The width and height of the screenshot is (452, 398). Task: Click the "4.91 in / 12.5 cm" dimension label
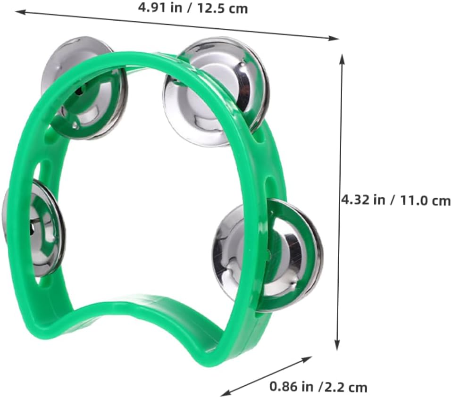point(193,8)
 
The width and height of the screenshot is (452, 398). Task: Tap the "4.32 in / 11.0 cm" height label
point(396,200)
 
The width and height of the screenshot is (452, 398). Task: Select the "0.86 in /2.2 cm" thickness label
point(318,387)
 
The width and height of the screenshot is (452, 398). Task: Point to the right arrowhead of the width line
point(335,38)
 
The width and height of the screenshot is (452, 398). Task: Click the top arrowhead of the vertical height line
point(342,58)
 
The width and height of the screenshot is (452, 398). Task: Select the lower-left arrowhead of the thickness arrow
point(226,393)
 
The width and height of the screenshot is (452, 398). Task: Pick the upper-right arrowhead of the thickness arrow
point(307,359)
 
